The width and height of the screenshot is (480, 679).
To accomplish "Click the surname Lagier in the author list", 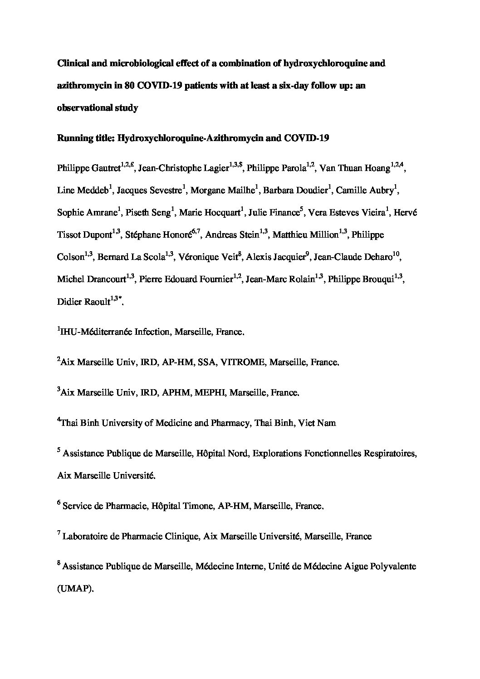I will click(213, 169).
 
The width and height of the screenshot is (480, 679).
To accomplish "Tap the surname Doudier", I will click(311, 191).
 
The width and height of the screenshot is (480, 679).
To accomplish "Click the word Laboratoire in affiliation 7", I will click(85, 537).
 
